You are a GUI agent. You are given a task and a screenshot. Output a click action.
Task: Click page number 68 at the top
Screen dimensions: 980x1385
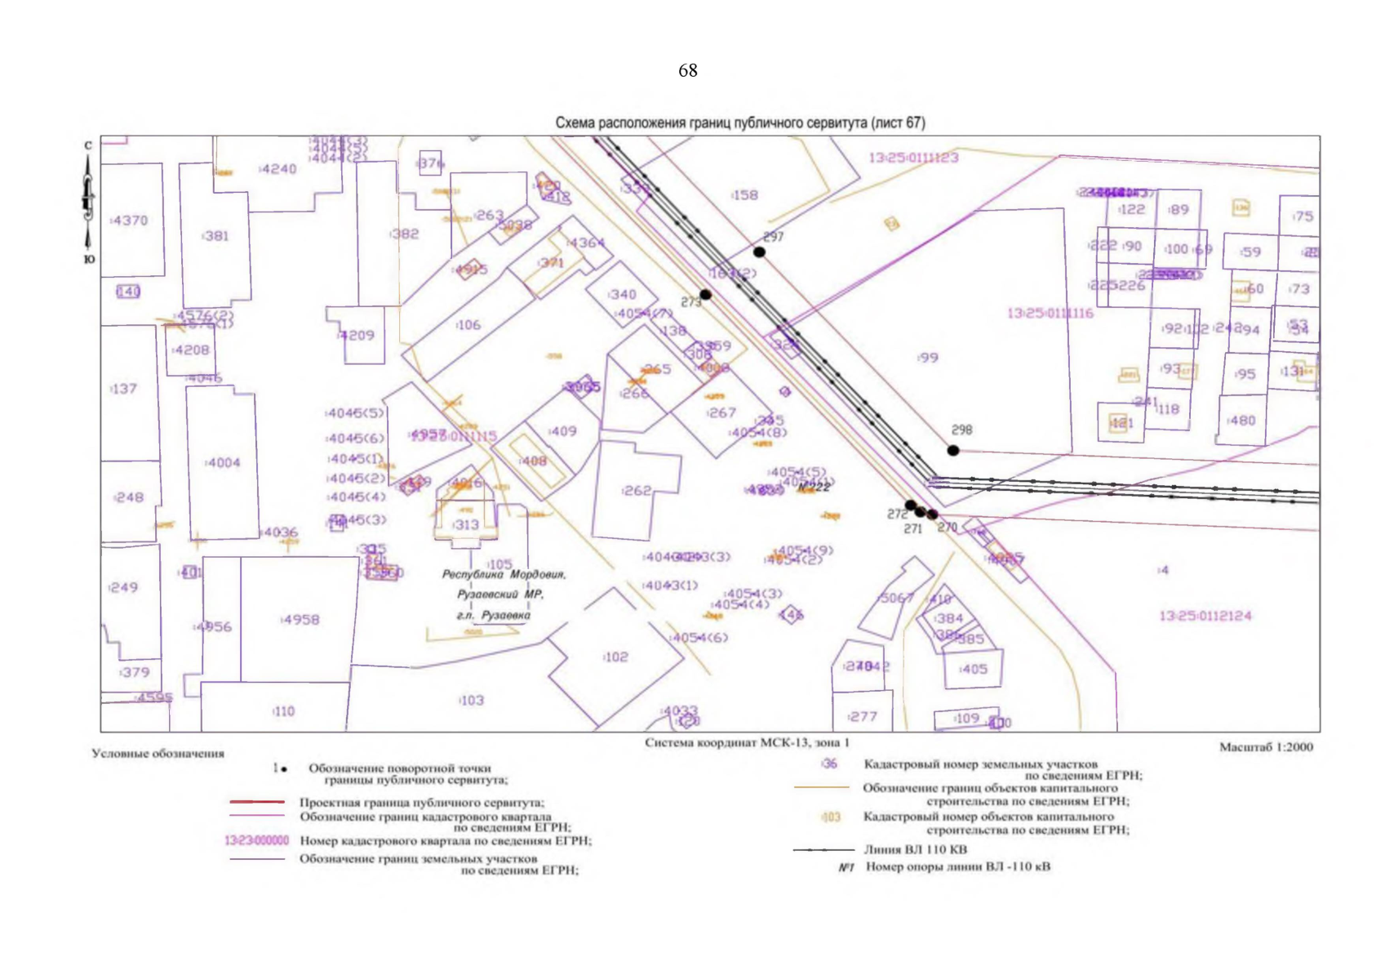pyautogui.click(x=687, y=71)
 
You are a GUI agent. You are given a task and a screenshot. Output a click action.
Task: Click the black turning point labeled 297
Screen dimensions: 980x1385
pyautogui.click(x=759, y=252)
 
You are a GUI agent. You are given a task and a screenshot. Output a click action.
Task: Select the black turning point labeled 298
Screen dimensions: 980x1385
pyautogui.click(x=952, y=450)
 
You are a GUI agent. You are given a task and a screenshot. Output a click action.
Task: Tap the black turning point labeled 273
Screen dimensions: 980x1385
pyautogui.click(x=705, y=295)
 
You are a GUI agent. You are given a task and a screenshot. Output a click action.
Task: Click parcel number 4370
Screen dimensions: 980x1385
pyautogui.click(x=130, y=220)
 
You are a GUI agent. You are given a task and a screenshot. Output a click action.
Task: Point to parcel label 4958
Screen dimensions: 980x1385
pyautogui.click(x=300, y=620)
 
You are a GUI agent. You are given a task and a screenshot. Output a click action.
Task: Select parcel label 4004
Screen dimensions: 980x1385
pyautogui.click(x=223, y=463)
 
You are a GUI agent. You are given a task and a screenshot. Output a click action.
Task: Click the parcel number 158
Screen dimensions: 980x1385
pyautogui.click(x=744, y=195)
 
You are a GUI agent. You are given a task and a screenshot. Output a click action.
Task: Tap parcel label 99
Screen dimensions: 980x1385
pyautogui.click(x=928, y=358)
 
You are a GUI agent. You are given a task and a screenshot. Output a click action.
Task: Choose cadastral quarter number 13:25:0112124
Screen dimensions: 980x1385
pyautogui.click(x=1205, y=616)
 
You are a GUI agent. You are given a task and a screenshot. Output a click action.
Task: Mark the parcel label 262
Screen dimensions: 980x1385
pyautogui.click(x=637, y=491)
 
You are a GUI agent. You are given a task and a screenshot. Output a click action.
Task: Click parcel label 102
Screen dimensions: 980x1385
pyautogui.click(x=615, y=657)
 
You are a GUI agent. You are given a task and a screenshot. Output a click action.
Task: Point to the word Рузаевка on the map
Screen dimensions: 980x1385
pyautogui.click(x=505, y=615)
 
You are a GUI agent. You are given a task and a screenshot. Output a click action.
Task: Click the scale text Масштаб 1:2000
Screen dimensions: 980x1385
pyautogui.click(x=1266, y=746)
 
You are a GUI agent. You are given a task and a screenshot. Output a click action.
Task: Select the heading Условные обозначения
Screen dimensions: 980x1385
pyautogui.click(x=158, y=753)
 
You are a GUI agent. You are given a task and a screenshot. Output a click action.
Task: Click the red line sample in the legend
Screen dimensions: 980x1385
pyautogui.click(x=256, y=802)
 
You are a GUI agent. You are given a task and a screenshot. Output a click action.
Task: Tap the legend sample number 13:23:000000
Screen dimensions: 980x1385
pyautogui.click(x=256, y=840)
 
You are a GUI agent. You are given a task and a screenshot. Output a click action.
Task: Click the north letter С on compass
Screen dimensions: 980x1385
pyautogui.click(x=88, y=145)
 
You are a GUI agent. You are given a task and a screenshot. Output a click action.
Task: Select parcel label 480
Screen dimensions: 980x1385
pyautogui.click(x=1241, y=421)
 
